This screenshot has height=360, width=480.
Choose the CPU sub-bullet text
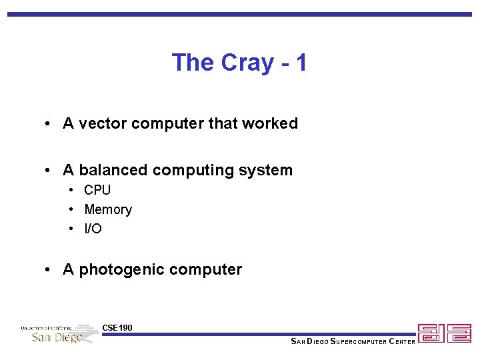coord(97,190)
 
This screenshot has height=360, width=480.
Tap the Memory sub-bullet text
coord(108,209)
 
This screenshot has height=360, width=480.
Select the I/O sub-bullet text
coord(93,229)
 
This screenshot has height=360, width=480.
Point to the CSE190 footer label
coord(117,327)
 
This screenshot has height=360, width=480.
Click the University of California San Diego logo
coord(59,333)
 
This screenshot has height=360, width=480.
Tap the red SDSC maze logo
coord(444,333)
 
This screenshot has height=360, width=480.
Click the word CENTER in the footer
coord(402,342)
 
